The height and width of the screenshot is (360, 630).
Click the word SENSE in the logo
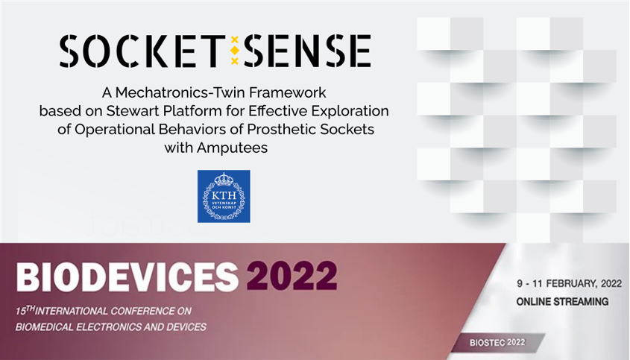pos(307,51)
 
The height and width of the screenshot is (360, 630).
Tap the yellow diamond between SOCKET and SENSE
pos(235,50)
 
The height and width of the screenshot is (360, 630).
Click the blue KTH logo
pos(224,196)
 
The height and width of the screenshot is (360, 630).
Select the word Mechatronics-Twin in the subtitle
pos(181,93)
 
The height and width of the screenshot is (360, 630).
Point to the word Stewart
pos(130,111)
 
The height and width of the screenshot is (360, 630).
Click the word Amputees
pos(232,148)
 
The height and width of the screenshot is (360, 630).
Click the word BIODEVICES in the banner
pos(127,277)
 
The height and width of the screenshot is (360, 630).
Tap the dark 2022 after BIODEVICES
pos(292,277)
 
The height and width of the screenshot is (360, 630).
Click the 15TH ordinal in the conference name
pos(25,310)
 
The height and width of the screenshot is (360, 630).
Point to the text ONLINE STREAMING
pos(562,301)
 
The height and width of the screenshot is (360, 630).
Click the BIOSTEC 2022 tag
pos(497,342)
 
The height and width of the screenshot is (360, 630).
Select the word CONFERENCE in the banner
pos(143,311)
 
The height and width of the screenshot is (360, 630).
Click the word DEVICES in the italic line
pos(187,326)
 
